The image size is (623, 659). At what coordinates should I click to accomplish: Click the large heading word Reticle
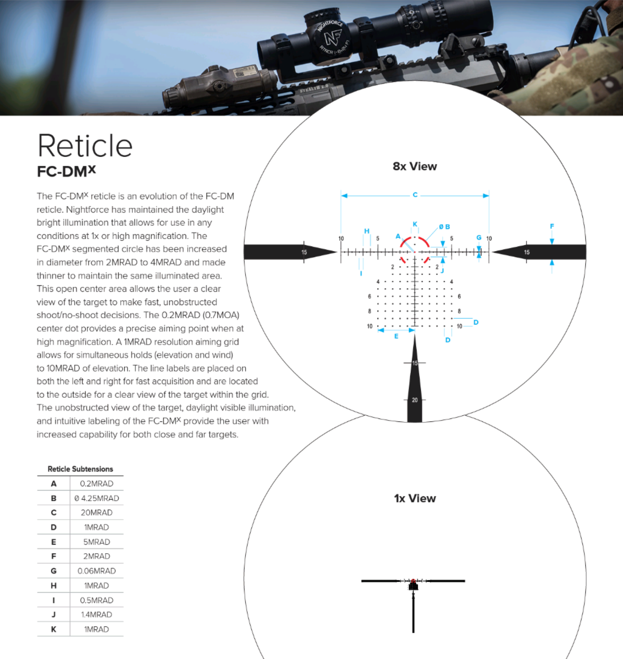tap(85, 146)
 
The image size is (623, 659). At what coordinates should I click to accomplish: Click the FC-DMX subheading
tap(66, 171)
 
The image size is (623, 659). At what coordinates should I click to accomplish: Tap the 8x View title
tap(414, 166)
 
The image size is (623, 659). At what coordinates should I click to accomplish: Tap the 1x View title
tap(414, 498)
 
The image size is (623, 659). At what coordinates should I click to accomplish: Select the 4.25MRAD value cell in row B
tap(97, 498)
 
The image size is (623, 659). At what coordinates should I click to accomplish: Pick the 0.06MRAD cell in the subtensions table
tap(97, 571)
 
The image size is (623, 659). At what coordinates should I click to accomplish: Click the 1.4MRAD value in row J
tap(97, 615)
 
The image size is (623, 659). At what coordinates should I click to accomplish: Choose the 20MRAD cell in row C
tap(97, 512)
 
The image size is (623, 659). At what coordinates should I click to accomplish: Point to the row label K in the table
tap(53, 629)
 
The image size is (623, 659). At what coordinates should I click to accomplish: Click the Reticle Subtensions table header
tap(80, 469)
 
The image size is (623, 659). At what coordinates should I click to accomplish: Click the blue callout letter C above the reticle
tap(415, 195)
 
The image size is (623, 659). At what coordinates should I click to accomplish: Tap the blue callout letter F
tap(552, 226)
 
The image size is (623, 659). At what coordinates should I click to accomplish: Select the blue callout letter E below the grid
tap(396, 336)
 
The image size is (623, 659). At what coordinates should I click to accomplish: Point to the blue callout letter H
tap(367, 231)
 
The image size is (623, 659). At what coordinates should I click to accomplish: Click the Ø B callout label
tap(444, 227)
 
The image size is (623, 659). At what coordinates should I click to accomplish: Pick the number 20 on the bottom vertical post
tap(415, 400)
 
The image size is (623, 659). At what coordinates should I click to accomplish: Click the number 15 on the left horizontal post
tap(304, 252)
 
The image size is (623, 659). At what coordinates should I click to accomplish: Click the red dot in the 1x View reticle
tap(413, 581)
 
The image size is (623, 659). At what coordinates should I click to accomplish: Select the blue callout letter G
tap(478, 237)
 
